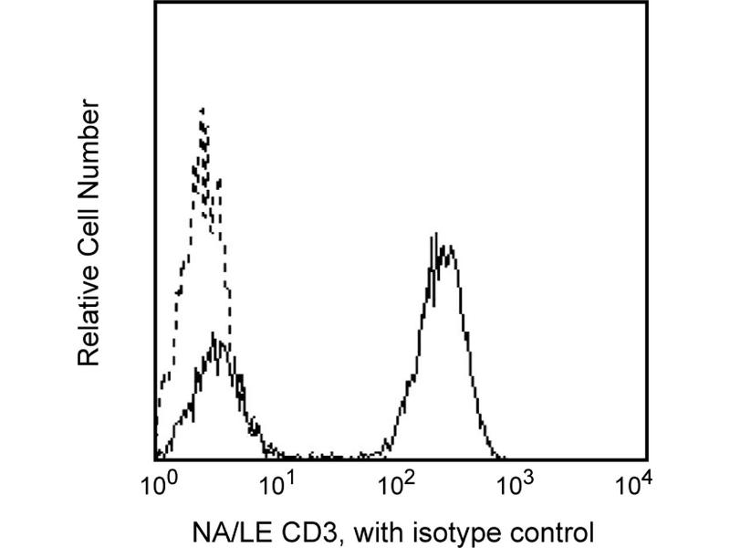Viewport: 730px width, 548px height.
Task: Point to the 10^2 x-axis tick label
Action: [x=397, y=481]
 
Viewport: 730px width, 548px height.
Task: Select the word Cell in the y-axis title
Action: [x=89, y=236]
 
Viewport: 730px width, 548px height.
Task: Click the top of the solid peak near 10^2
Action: [x=437, y=236]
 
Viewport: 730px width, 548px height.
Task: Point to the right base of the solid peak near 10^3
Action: [x=502, y=456]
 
